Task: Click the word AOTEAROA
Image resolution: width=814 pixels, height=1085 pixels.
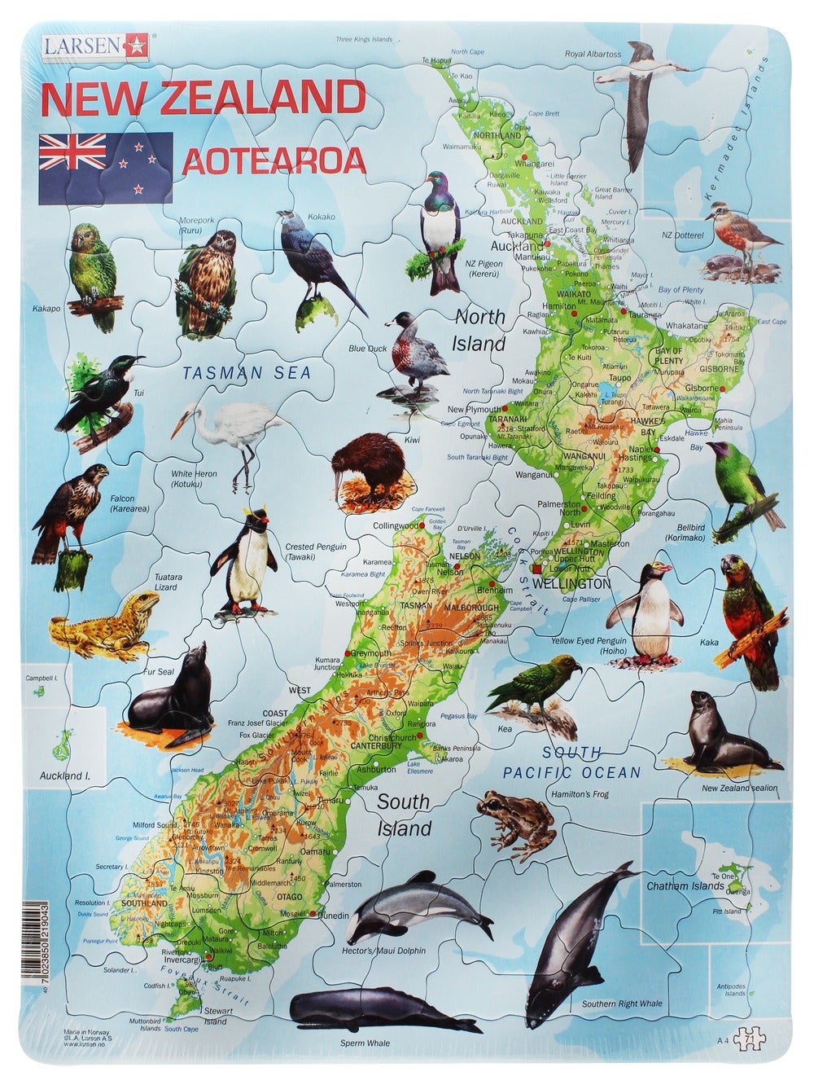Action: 274,162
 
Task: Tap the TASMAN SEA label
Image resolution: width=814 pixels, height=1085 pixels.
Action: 247,373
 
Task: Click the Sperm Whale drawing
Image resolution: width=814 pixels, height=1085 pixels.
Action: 369,1013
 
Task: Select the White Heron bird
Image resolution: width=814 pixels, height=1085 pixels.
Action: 231,436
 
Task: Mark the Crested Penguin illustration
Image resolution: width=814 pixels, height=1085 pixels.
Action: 250,563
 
